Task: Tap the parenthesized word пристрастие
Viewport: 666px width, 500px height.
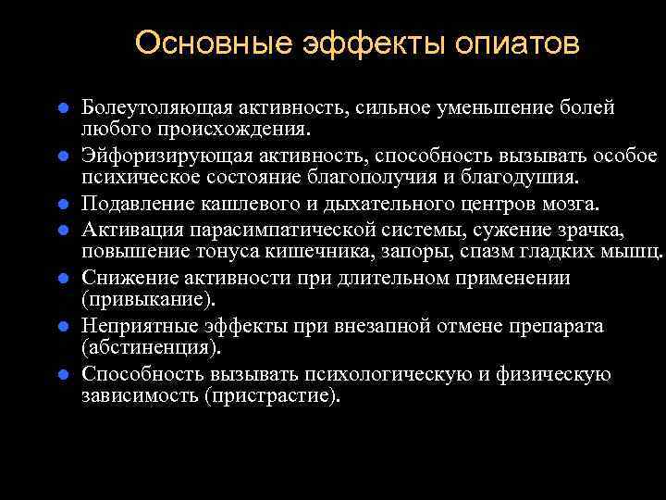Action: point(274,396)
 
